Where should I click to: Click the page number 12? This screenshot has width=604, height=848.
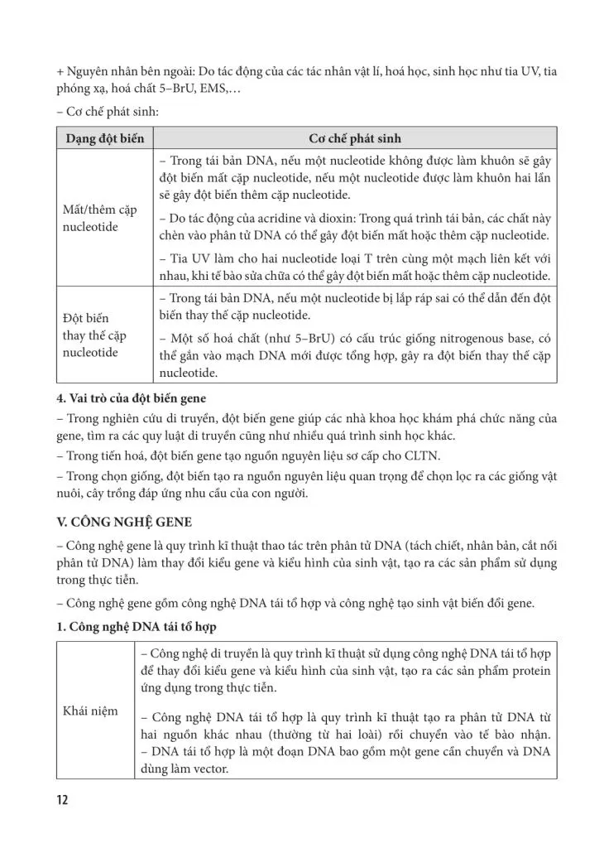pos(63,801)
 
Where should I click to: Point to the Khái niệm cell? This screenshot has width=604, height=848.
pos(91,711)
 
